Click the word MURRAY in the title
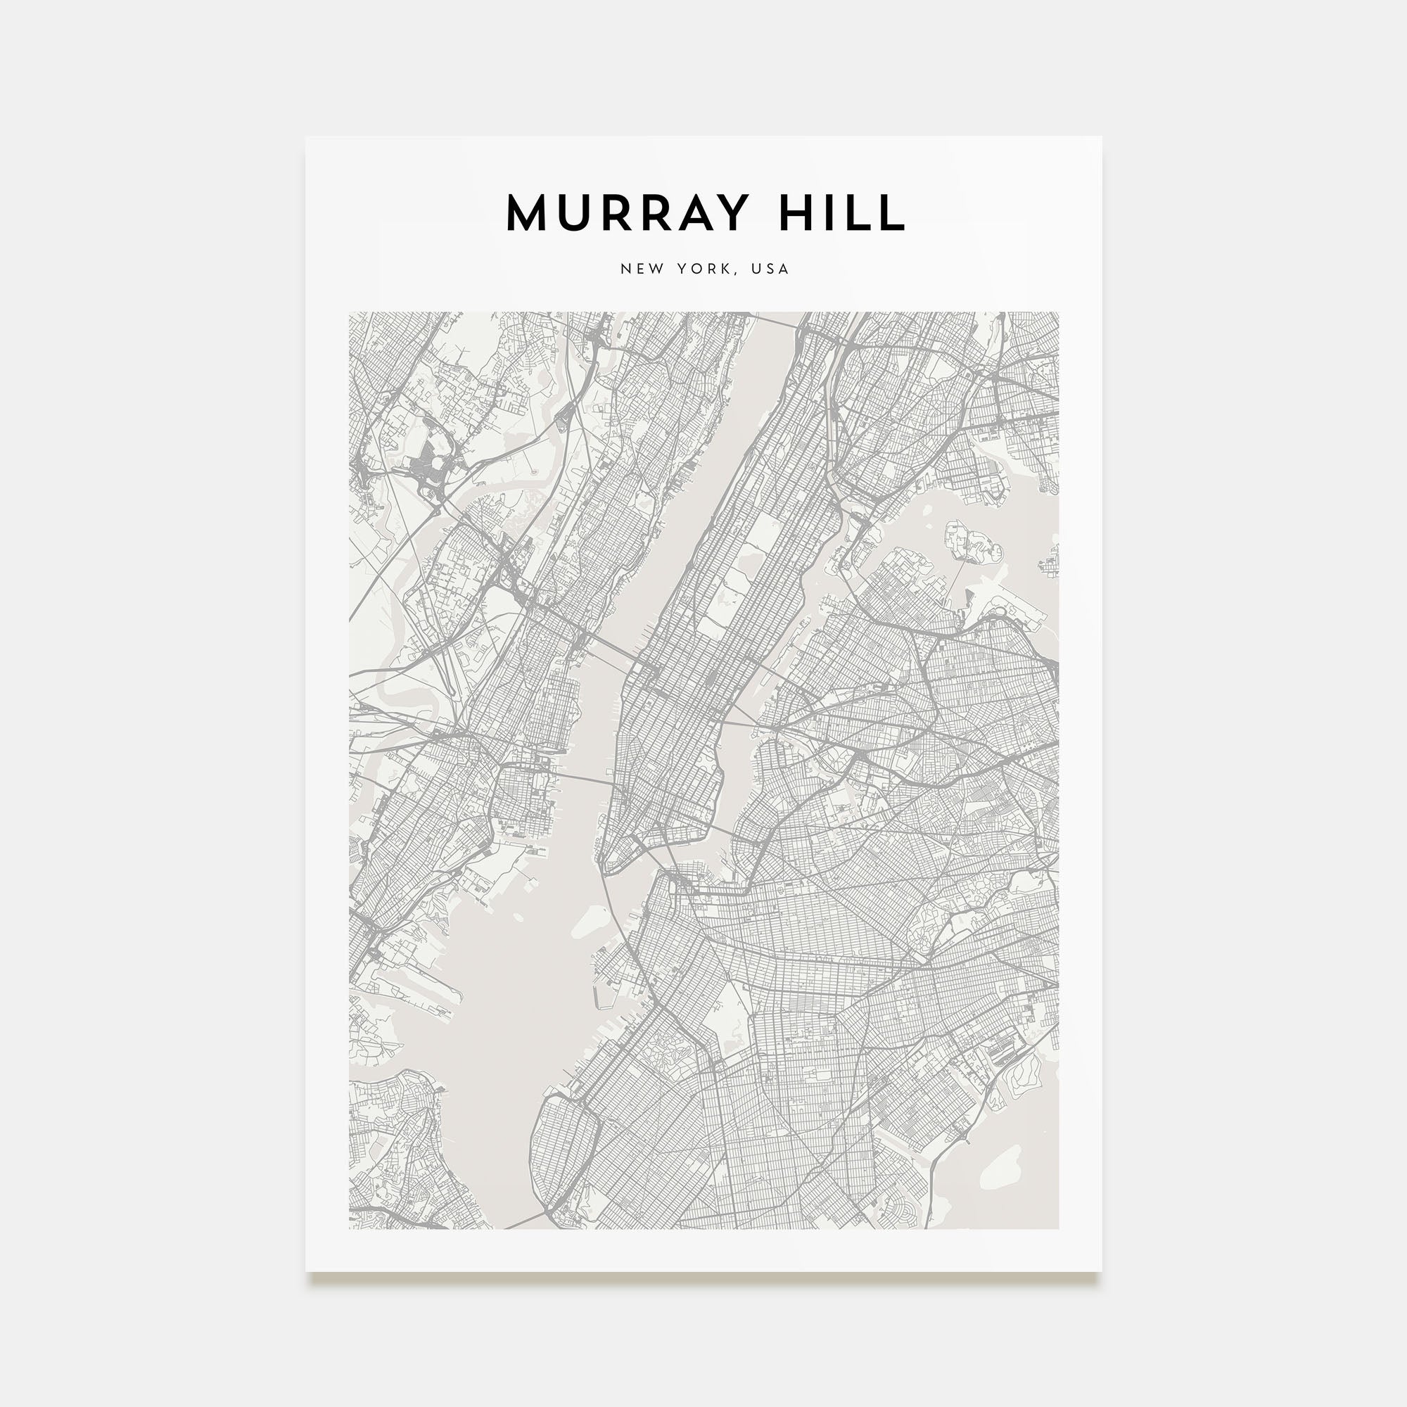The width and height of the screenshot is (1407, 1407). click(x=627, y=212)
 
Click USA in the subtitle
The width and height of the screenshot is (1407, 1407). click(x=770, y=269)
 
